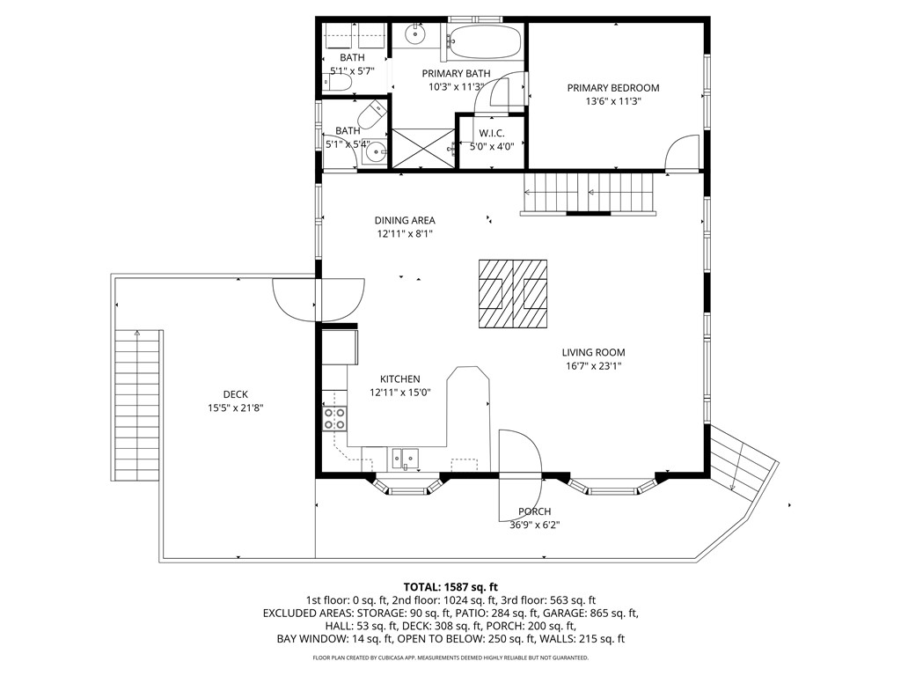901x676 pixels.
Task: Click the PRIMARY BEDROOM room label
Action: pyautogui.click(x=612, y=88)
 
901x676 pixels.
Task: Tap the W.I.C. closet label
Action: pyautogui.click(x=492, y=133)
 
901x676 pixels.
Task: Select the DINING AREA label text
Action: pyautogui.click(x=405, y=221)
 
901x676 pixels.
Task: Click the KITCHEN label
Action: pyautogui.click(x=399, y=379)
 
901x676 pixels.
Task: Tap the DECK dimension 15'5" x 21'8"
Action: pyautogui.click(x=236, y=408)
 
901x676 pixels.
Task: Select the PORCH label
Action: pyautogui.click(x=534, y=511)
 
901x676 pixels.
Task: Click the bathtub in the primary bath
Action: pyautogui.click(x=484, y=40)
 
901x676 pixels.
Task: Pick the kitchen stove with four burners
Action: pyautogui.click(x=334, y=418)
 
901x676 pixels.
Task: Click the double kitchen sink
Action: pyautogui.click(x=405, y=458)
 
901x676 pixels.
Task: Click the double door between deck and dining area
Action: pyautogui.click(x=318, y=299)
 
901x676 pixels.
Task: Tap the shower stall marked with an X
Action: pyautogui.click(x=422, y=147)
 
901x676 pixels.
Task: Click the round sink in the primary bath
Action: pyautogui.click(x=414, y=36)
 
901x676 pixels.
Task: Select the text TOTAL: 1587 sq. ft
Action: pyautogui.click(x=450, y=586)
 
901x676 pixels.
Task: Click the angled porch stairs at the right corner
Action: pyautogui.click(x=743, y=462)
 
